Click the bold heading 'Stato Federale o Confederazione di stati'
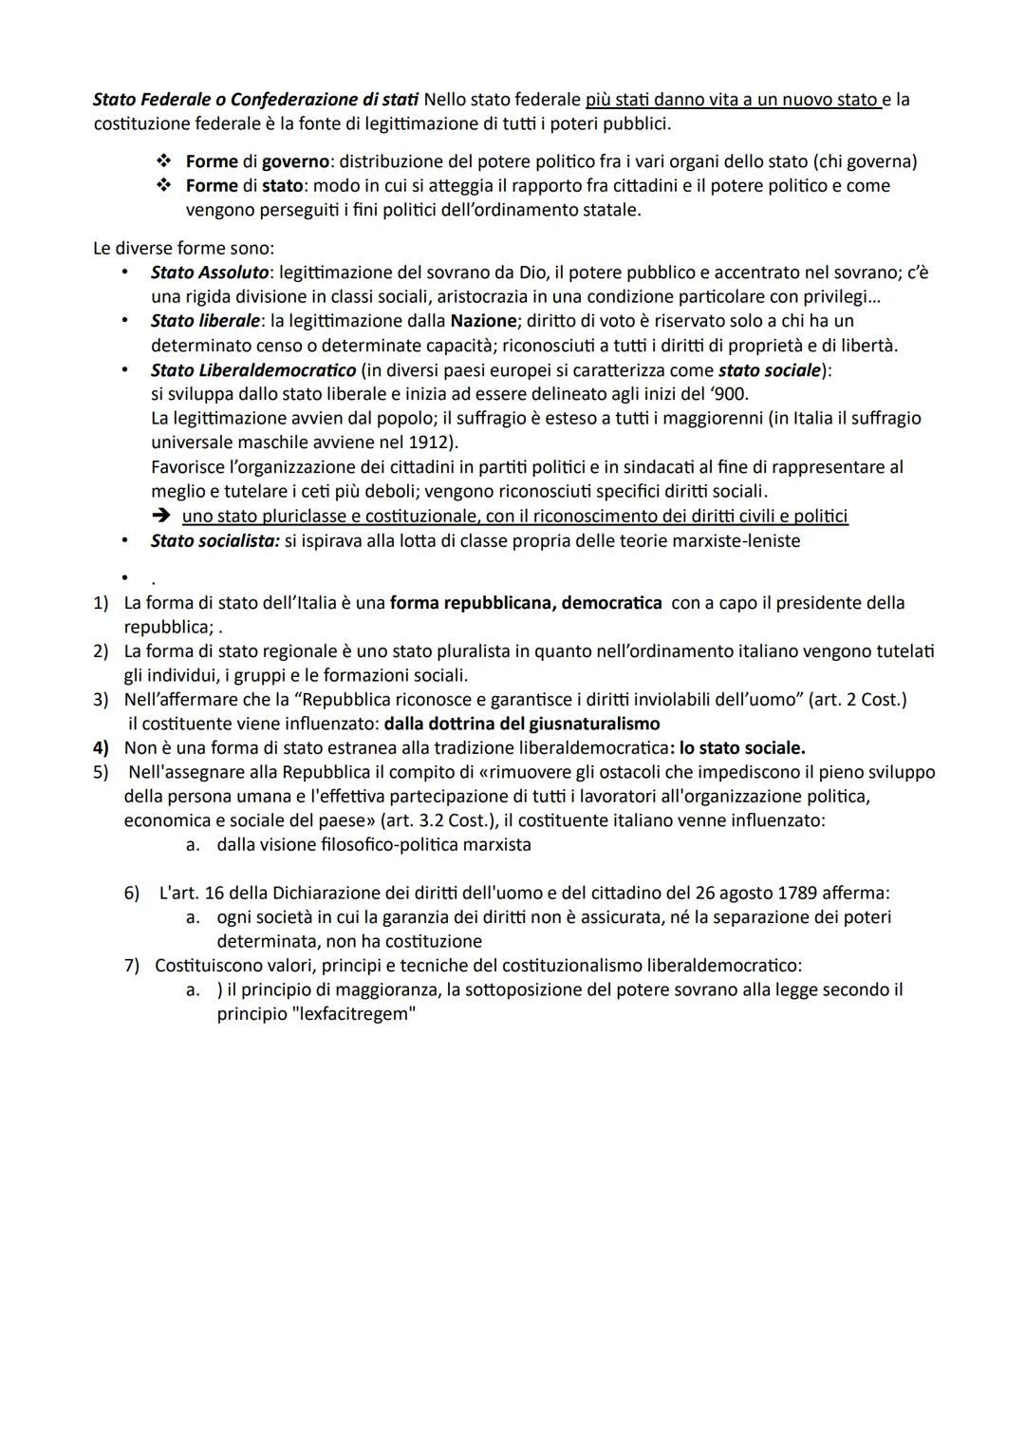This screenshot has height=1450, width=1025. pos(256,100)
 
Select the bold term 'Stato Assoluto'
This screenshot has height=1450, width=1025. pos(209,273)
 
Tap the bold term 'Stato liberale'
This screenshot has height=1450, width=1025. pos(205,321)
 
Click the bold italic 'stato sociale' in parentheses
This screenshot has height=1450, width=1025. pos(770,369)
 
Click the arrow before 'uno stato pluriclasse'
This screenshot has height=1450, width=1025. pos(162,516)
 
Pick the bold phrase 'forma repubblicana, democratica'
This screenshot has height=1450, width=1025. pos(526,603)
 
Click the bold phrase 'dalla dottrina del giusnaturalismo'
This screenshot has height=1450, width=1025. pos(522,724)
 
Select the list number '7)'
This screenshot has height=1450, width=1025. pos(132,966)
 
